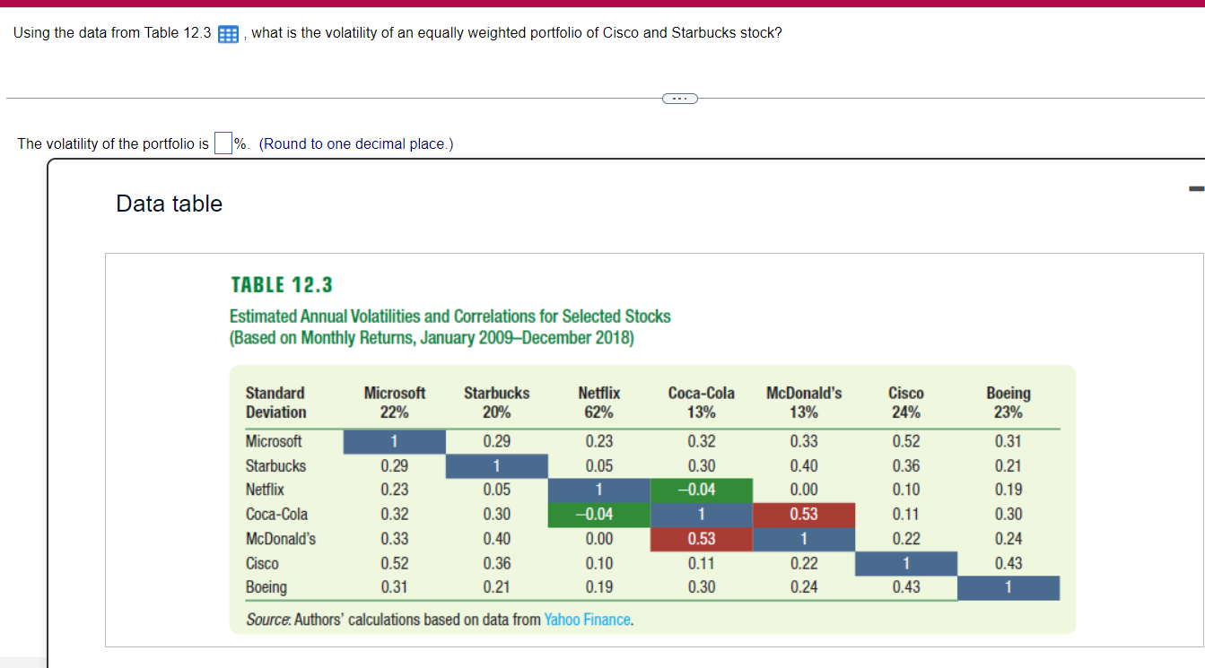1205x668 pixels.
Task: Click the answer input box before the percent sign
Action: (x=223, y=143)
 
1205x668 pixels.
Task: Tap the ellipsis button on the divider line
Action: (x=679, y=98)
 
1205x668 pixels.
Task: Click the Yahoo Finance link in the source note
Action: (x=588, y=620)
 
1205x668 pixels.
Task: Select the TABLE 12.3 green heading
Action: (x=282, y=285)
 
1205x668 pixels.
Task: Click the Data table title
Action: (x=169, y=204)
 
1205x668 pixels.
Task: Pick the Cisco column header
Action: (x=905, y=403)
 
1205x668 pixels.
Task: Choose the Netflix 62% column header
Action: (x=598, y=403)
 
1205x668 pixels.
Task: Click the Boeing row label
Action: (x=266, y=587)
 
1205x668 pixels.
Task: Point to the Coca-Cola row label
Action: (x=276, y=515)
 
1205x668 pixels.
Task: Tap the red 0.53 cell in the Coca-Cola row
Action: (x=803, y=515)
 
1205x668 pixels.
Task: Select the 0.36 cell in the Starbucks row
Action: (x=905, y=466)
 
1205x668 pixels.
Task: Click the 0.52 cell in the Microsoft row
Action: (x=905, y=441)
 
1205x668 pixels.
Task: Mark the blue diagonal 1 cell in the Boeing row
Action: (x=1009, y=588)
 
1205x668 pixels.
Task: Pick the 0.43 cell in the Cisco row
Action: (x=1009, y=564)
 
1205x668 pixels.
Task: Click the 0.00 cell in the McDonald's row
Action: (x=598, y=539)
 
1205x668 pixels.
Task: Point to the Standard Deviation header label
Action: (x=275, y=403)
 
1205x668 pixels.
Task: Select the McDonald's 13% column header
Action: (x=803, y=403)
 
